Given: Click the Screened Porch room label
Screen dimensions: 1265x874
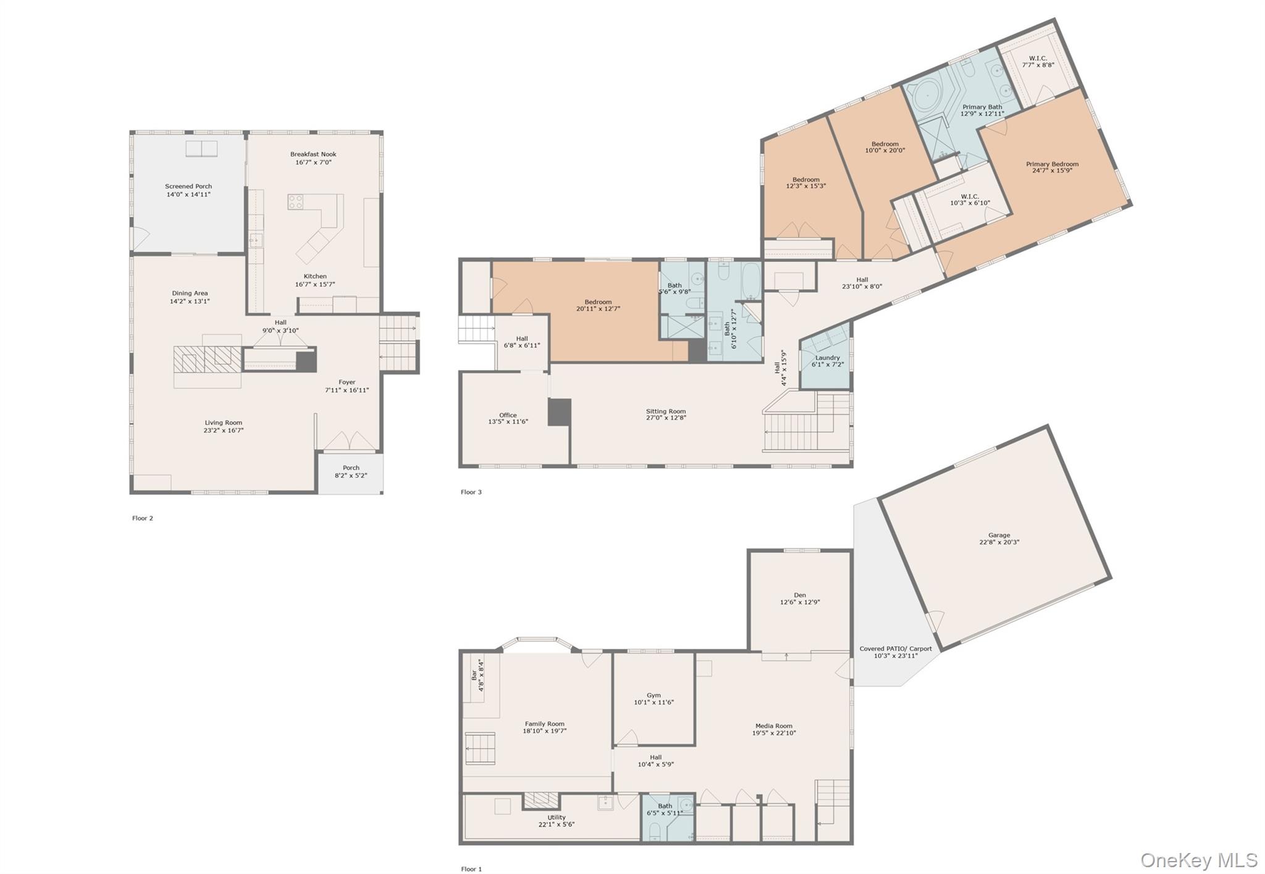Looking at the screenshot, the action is click(188, 186).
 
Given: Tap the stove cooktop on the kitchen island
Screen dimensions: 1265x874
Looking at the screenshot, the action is click(296, 202).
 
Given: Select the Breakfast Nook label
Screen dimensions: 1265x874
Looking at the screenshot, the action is click(313, 154).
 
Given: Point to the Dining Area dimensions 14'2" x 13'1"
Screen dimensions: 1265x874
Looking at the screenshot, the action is click(190, 301).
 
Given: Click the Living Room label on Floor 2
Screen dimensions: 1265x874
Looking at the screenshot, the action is click(224, 422).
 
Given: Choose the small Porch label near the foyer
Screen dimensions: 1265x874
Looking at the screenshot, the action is click(351, 468).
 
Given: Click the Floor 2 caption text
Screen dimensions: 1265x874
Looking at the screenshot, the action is click(143, 518).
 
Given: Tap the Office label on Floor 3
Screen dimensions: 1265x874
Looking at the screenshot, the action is click(508, 415).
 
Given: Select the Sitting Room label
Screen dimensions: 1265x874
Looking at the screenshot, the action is click(666, 411).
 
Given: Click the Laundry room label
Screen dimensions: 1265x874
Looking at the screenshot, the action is click(828, 358).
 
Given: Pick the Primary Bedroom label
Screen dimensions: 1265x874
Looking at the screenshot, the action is click(1053, 164).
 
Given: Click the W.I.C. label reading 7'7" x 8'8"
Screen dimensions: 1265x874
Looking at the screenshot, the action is click(1038, 64).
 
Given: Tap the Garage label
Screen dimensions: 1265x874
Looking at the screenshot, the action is click(999, 535).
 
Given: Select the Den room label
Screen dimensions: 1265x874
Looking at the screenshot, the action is click(800, 595).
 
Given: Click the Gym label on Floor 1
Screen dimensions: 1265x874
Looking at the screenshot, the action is click(654, 695).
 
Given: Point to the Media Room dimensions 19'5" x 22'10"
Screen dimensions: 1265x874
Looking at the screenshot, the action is click(774, 733).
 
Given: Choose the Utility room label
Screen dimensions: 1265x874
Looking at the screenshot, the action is click(557, 817).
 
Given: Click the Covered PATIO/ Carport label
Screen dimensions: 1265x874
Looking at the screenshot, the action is click(896, 649).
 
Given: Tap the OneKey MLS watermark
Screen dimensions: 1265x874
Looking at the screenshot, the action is click(1199, 860).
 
